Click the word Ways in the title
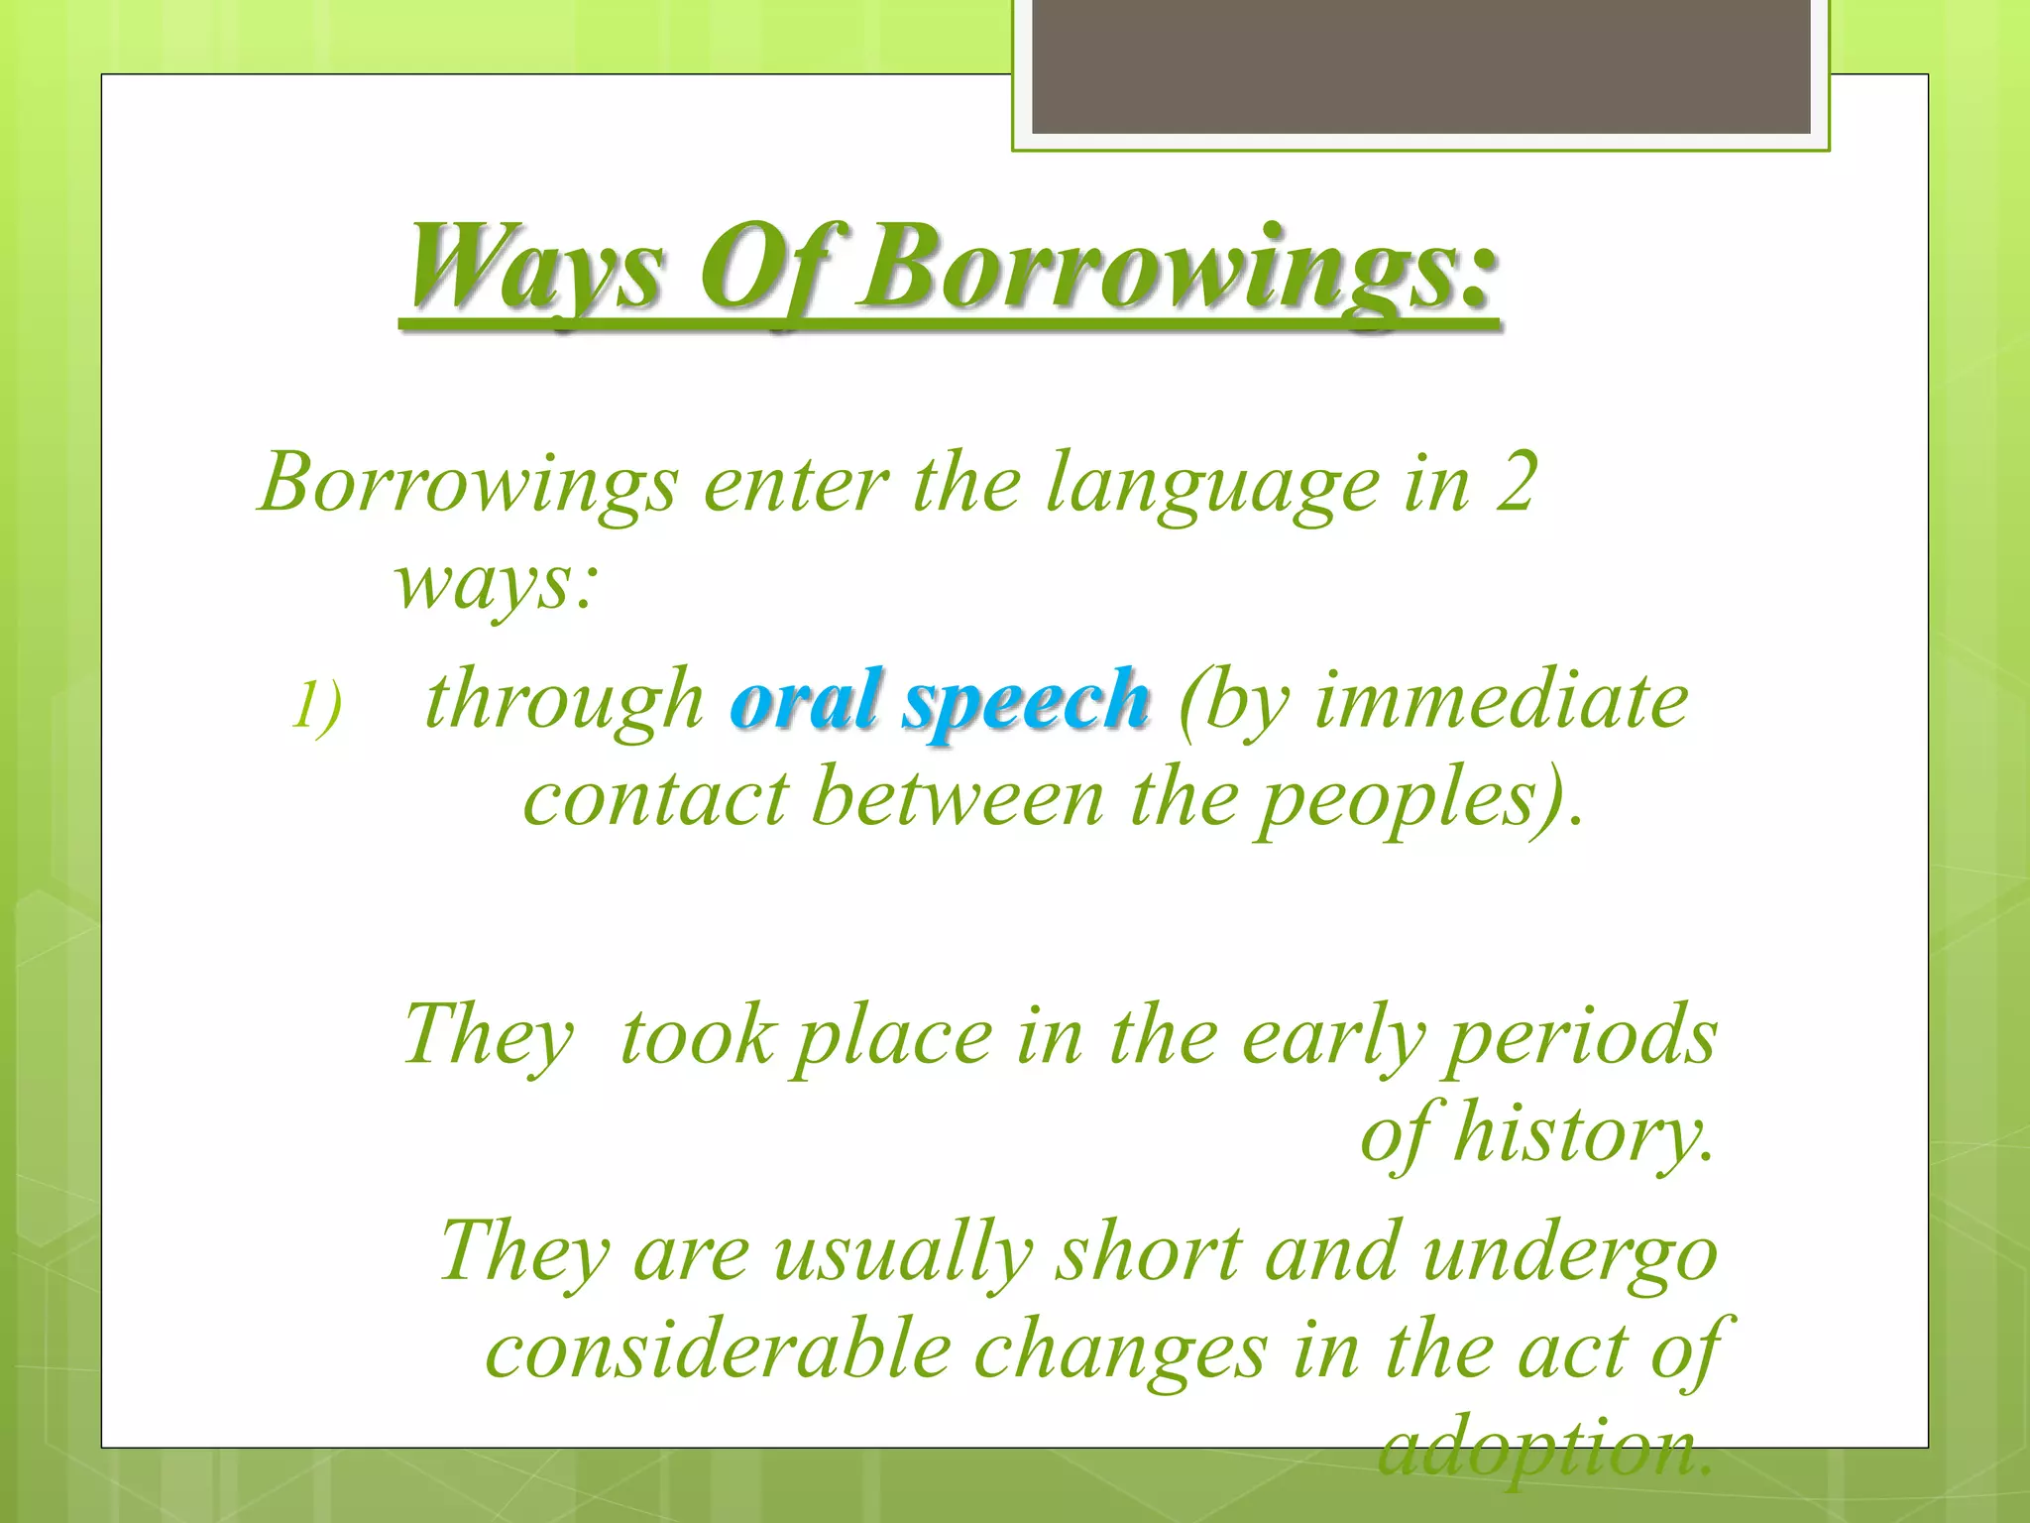point(534,268)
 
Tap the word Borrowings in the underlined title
point(1175,268)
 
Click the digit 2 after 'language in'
point(1516,482)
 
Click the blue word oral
point(805,700)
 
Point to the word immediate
point(1501,700)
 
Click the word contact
point(655,798)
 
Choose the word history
point(1582,1134)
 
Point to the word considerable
point(718,1350)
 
